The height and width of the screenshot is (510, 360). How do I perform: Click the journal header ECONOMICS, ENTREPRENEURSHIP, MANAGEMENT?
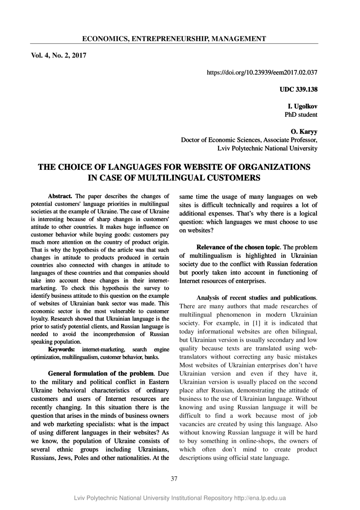coord(174,39)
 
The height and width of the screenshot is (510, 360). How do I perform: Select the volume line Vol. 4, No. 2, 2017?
coord(58,55)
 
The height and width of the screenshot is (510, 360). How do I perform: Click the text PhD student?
coord(301,114)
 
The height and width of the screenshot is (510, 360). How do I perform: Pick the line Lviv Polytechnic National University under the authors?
coord(267,148)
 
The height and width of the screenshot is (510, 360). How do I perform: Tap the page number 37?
coord(174,478)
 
